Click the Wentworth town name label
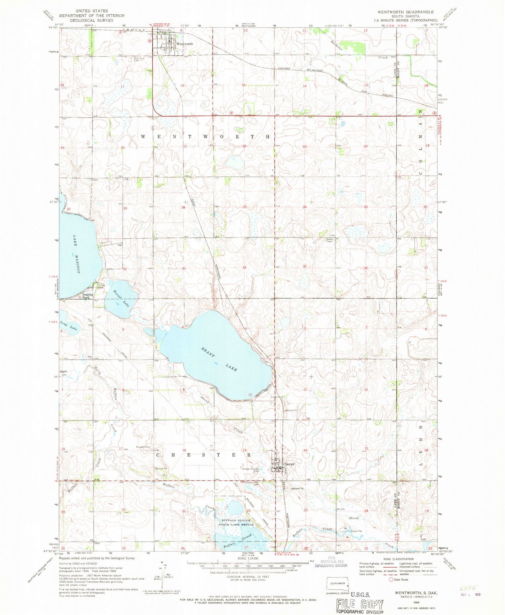pyautogui.click(x=185, y=44)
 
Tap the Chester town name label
pyautogui.click(x=289, y=464)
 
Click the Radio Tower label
pyautogui.click(x=330, y=240)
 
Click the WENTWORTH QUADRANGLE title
pyautogui.click(x=405, y=12)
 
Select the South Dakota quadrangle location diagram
pyautogui.click(x=338, y=583)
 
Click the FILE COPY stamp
pyautogui.click(x=360, y=604)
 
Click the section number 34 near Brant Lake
pyautogui.click(x=244, y=267)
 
